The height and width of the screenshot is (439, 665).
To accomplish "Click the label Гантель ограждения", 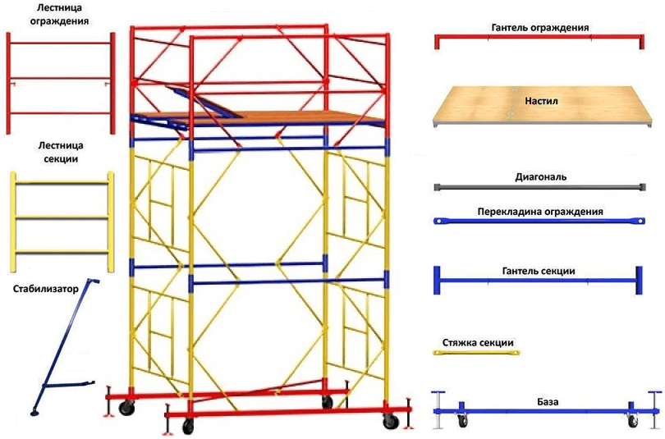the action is pyautogui.click(x=540, y=28).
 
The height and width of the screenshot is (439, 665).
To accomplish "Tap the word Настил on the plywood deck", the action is pyautogui.click(x=542, y=101).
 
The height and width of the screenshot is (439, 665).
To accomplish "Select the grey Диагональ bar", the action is pyautogui.click(x=540, y=187).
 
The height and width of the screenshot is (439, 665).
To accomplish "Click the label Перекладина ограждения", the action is pyautogui.click(x=540, y=211).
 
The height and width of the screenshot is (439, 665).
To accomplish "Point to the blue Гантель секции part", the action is pyautogui.click(x=539, y=281).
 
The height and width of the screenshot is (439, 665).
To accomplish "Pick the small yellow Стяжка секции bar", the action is pyautogui.click(x=476, y=353).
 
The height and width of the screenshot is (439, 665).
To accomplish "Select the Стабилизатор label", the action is pyautogui.click(x=46, y=289).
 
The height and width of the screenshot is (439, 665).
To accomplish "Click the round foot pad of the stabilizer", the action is pyautogui.click(x=35, y=411).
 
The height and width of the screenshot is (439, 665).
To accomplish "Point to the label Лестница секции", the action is pyautogui.click(x=61, y=152).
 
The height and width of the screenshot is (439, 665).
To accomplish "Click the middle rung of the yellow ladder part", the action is pyautogui.click(x=62, y=217).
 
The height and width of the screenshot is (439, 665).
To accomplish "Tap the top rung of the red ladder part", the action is pyautogui.click(x=61, y=43).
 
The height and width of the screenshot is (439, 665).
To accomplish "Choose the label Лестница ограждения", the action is pyautogui.click(x=59, y=15).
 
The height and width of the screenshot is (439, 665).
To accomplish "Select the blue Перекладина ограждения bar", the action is pyautogui.click(x=539, y=221).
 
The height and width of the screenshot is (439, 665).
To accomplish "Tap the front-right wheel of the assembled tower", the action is pyautogui.click(x=391, y=421).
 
